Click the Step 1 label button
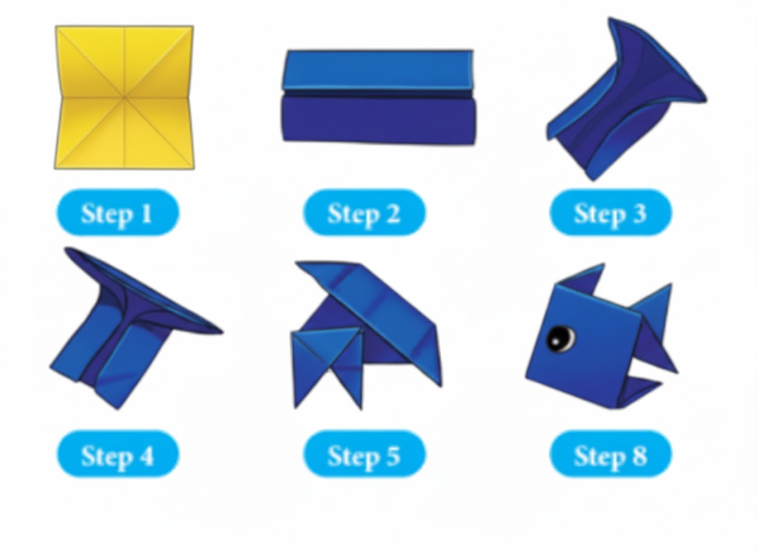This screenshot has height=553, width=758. [118, 212]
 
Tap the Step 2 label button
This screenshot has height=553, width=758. [364, 212]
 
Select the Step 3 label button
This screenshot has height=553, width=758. [611, 212]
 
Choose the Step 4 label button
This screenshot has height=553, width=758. [118, 455]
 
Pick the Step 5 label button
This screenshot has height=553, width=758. [364, 455]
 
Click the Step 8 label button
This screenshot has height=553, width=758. [611, 455]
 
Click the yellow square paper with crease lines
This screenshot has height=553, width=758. [124, 98]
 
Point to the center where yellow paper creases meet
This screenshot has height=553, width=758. [124, 98]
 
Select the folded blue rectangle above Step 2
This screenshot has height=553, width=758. [378, 97]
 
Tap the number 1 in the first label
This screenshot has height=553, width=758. [147, 213]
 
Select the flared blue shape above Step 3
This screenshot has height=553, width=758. [626, 99]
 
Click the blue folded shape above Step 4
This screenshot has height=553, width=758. [130, 329]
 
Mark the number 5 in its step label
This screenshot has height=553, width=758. [392, 455]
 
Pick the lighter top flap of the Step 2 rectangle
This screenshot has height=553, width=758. [378, 70]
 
